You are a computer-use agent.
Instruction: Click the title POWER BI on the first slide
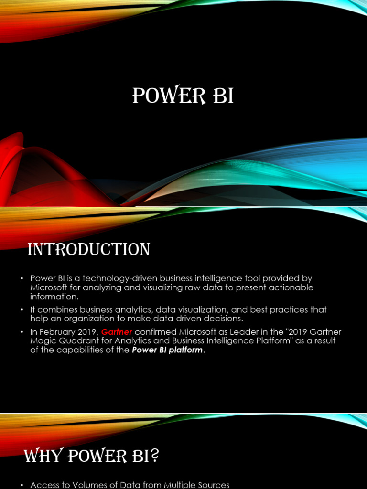pyautogui.click(x=183, y=96)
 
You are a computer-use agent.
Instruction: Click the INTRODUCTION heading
pyautogui.click(x=89, y=249)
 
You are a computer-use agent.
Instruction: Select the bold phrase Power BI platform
pyautogui.click(x=167, y=350)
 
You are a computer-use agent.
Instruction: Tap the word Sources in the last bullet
pyautogui.click(x=212, y=485)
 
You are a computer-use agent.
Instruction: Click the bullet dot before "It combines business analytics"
pyautogui.click(x=22, y=309)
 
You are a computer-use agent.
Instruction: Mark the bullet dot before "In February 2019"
pyautogui.click(x=22, y=332)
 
